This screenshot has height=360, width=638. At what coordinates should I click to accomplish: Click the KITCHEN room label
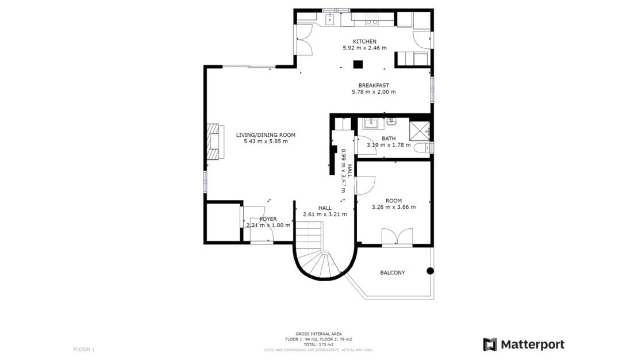coord(364,41)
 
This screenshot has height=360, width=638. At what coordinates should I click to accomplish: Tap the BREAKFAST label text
coord(374,86)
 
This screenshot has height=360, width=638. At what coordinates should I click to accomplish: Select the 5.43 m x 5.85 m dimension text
coord(266,141)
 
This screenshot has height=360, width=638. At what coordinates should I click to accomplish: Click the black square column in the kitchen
coord(358,64)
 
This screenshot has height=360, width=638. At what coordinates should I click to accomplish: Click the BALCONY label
coord(392,273)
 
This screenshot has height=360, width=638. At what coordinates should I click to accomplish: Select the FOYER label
coord(268,219)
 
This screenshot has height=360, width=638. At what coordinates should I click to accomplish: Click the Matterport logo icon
coord(490,344)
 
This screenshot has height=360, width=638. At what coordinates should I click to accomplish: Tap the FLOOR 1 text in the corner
coord(84,349)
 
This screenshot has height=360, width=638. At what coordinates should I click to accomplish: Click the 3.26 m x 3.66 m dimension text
coord(393,207)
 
